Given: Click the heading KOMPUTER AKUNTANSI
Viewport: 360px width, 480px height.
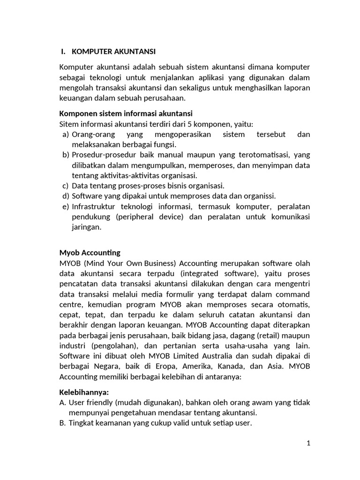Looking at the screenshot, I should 112,51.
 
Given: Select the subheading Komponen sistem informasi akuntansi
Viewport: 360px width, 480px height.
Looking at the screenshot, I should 126,113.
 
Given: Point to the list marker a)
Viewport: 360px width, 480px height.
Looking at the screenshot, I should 66,134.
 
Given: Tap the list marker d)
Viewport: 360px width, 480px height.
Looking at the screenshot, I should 66,196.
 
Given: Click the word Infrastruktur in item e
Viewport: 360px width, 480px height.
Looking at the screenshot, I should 94,206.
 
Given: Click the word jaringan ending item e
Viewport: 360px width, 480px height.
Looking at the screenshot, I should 87,227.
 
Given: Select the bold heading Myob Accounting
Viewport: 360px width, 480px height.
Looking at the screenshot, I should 90,253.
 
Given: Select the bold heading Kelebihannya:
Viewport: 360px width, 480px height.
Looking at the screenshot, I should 84,392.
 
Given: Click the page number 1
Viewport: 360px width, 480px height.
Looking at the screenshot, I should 308,443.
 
